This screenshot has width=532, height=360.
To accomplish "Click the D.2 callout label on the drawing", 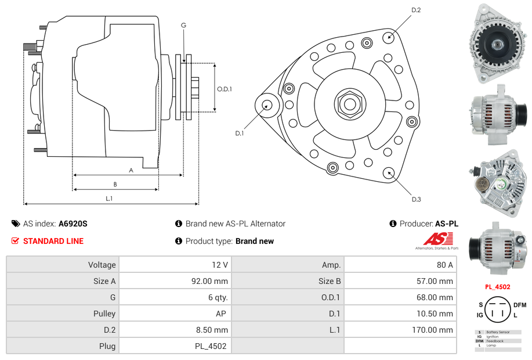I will (x=416, y=10).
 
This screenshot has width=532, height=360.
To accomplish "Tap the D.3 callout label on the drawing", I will (x=416, y=199).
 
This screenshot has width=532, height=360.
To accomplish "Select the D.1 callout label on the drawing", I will (x=239, y=134).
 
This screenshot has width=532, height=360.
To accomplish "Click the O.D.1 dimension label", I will (x=225, y=89).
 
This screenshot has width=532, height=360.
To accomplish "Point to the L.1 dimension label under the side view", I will (x=108, y=199).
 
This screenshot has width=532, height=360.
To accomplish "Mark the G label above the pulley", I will (x=183, y=25).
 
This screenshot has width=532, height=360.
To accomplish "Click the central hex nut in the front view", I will (x=349, y=105).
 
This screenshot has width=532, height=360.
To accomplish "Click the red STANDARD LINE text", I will (x=53, y=241).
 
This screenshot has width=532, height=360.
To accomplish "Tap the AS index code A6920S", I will (x=73, y=224).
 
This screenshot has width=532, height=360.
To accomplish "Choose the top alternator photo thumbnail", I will (x=498, y=44).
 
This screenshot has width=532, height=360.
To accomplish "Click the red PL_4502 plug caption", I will (x=498, y=287).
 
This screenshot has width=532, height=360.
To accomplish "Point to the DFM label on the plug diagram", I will (x=520, y=305).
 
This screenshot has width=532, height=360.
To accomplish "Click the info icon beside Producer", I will (x=393, y=224).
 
